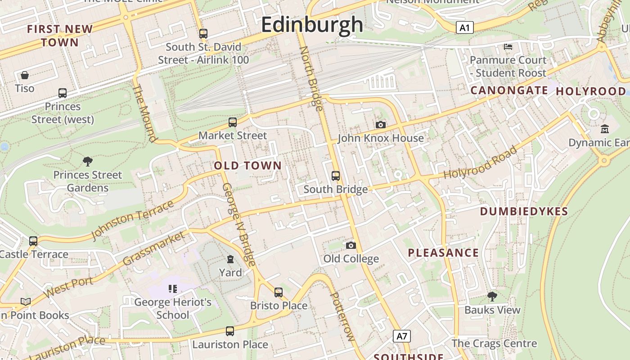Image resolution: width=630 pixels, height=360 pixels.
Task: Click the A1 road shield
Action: [x=465, y=28]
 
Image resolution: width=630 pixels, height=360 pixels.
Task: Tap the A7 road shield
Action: [x=402, y=336]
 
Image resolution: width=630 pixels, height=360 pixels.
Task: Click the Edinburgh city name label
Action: [x=312, y=24]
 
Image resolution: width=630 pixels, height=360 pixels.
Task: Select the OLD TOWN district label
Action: [x=247, y=166]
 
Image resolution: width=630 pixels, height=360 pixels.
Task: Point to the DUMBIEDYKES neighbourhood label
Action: [x=524, y=211]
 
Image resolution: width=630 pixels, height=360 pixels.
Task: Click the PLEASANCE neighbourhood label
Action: [x=443, y=253]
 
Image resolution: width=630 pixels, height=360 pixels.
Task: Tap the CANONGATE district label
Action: [x=509, y=90]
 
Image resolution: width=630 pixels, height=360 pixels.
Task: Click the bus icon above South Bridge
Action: [x=336, y=175]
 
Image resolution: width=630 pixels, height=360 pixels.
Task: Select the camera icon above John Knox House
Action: [x=381, y=125]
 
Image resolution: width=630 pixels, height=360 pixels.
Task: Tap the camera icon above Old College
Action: [x=351, y=245]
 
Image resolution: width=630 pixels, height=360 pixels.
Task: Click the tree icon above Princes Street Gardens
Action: [x=88, y=161]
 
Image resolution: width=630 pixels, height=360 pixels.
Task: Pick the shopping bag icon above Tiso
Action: [x=25, y=75]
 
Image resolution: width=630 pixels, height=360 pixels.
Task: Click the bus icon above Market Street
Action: [x=233, y=122]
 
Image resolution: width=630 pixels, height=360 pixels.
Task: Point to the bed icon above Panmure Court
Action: [x=508, y=46]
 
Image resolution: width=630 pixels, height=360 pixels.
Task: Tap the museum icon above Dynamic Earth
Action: [x=605, y=129]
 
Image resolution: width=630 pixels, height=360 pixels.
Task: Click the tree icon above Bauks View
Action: [x=492, y=296]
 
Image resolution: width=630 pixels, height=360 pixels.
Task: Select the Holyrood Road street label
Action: [x=480, y=163]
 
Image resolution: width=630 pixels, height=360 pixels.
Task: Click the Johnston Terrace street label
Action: [x=132, y=220]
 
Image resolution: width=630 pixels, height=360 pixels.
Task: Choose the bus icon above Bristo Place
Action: [x=279, y=292]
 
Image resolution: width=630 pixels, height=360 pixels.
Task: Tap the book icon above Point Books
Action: [x=26, y=301]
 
